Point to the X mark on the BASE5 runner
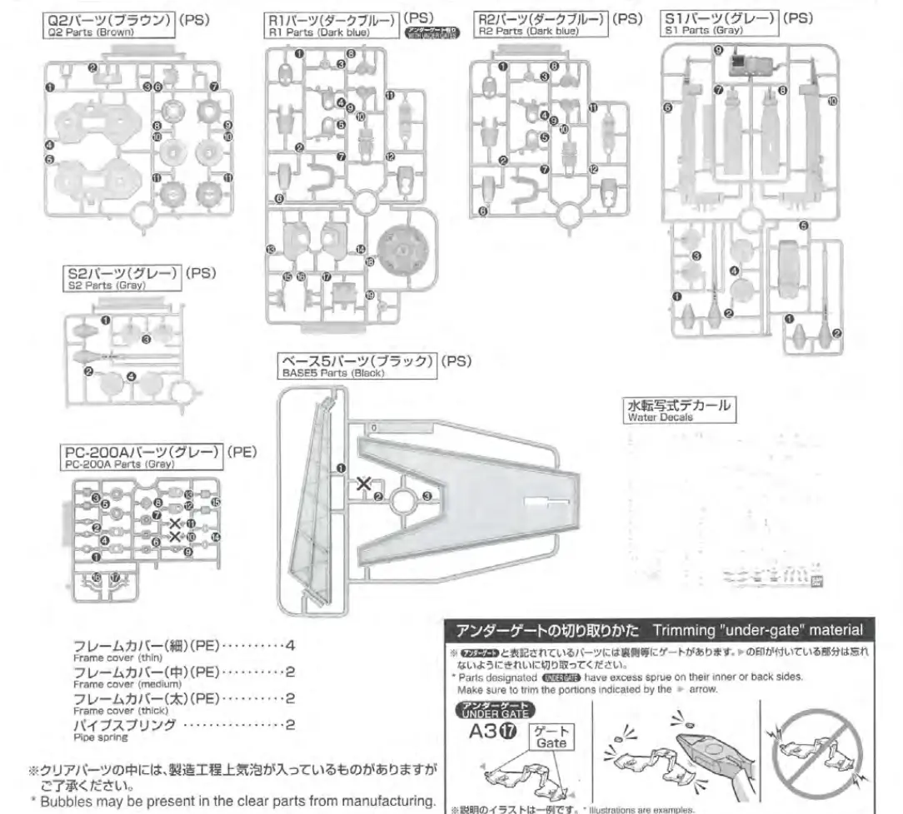363,483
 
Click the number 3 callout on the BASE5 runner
427,497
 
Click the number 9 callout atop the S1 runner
717,50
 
